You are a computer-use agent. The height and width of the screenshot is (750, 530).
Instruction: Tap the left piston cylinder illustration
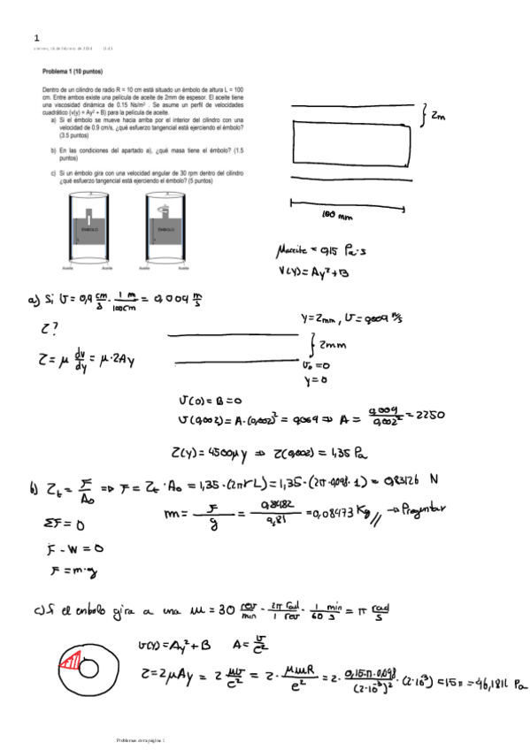(x=88, y=228)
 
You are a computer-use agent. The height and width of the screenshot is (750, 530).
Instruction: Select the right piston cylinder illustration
(x=165, y=228)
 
